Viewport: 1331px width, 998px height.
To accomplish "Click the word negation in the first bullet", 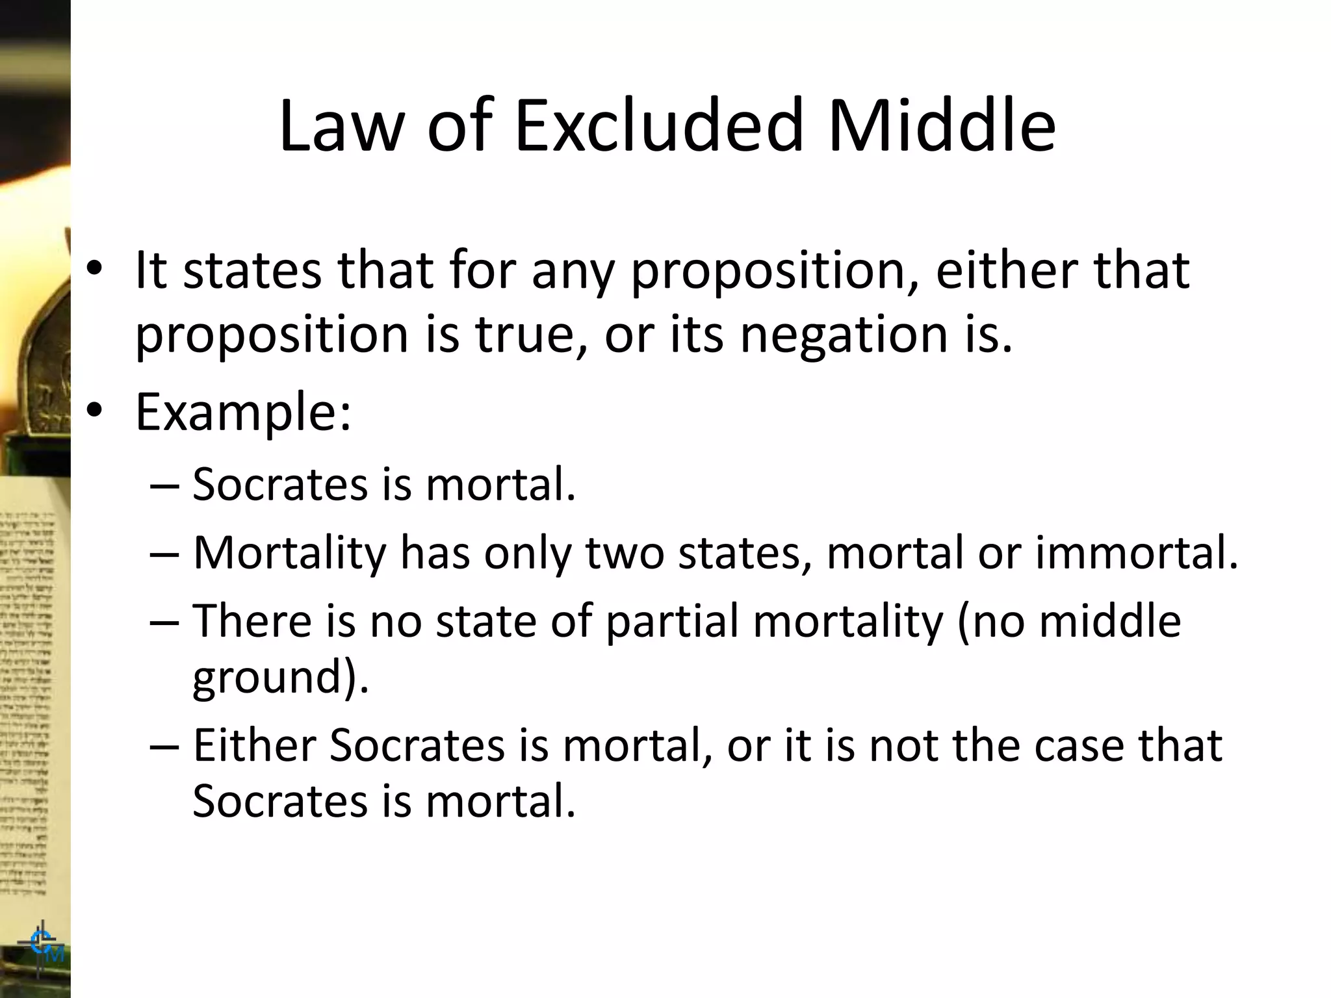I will click(844, 335).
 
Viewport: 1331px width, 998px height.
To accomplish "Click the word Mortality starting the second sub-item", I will click(290, 554).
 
